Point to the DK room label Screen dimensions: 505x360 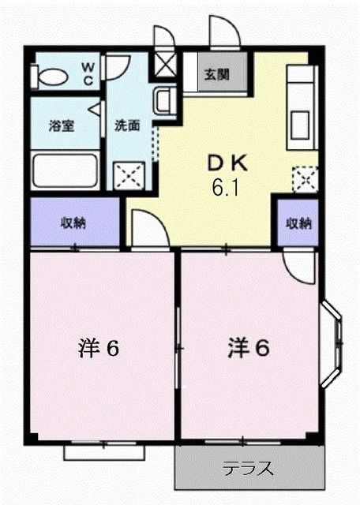click(x=227, y=164)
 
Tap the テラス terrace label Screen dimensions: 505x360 click(x=248, y=469)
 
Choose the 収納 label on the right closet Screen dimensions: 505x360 click(x=298, y=223)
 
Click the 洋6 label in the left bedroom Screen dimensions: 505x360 click(x=99, y=347)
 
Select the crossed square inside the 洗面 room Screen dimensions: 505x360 click(x=128, y=174)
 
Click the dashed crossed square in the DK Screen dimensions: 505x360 click(x=304, y=180)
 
